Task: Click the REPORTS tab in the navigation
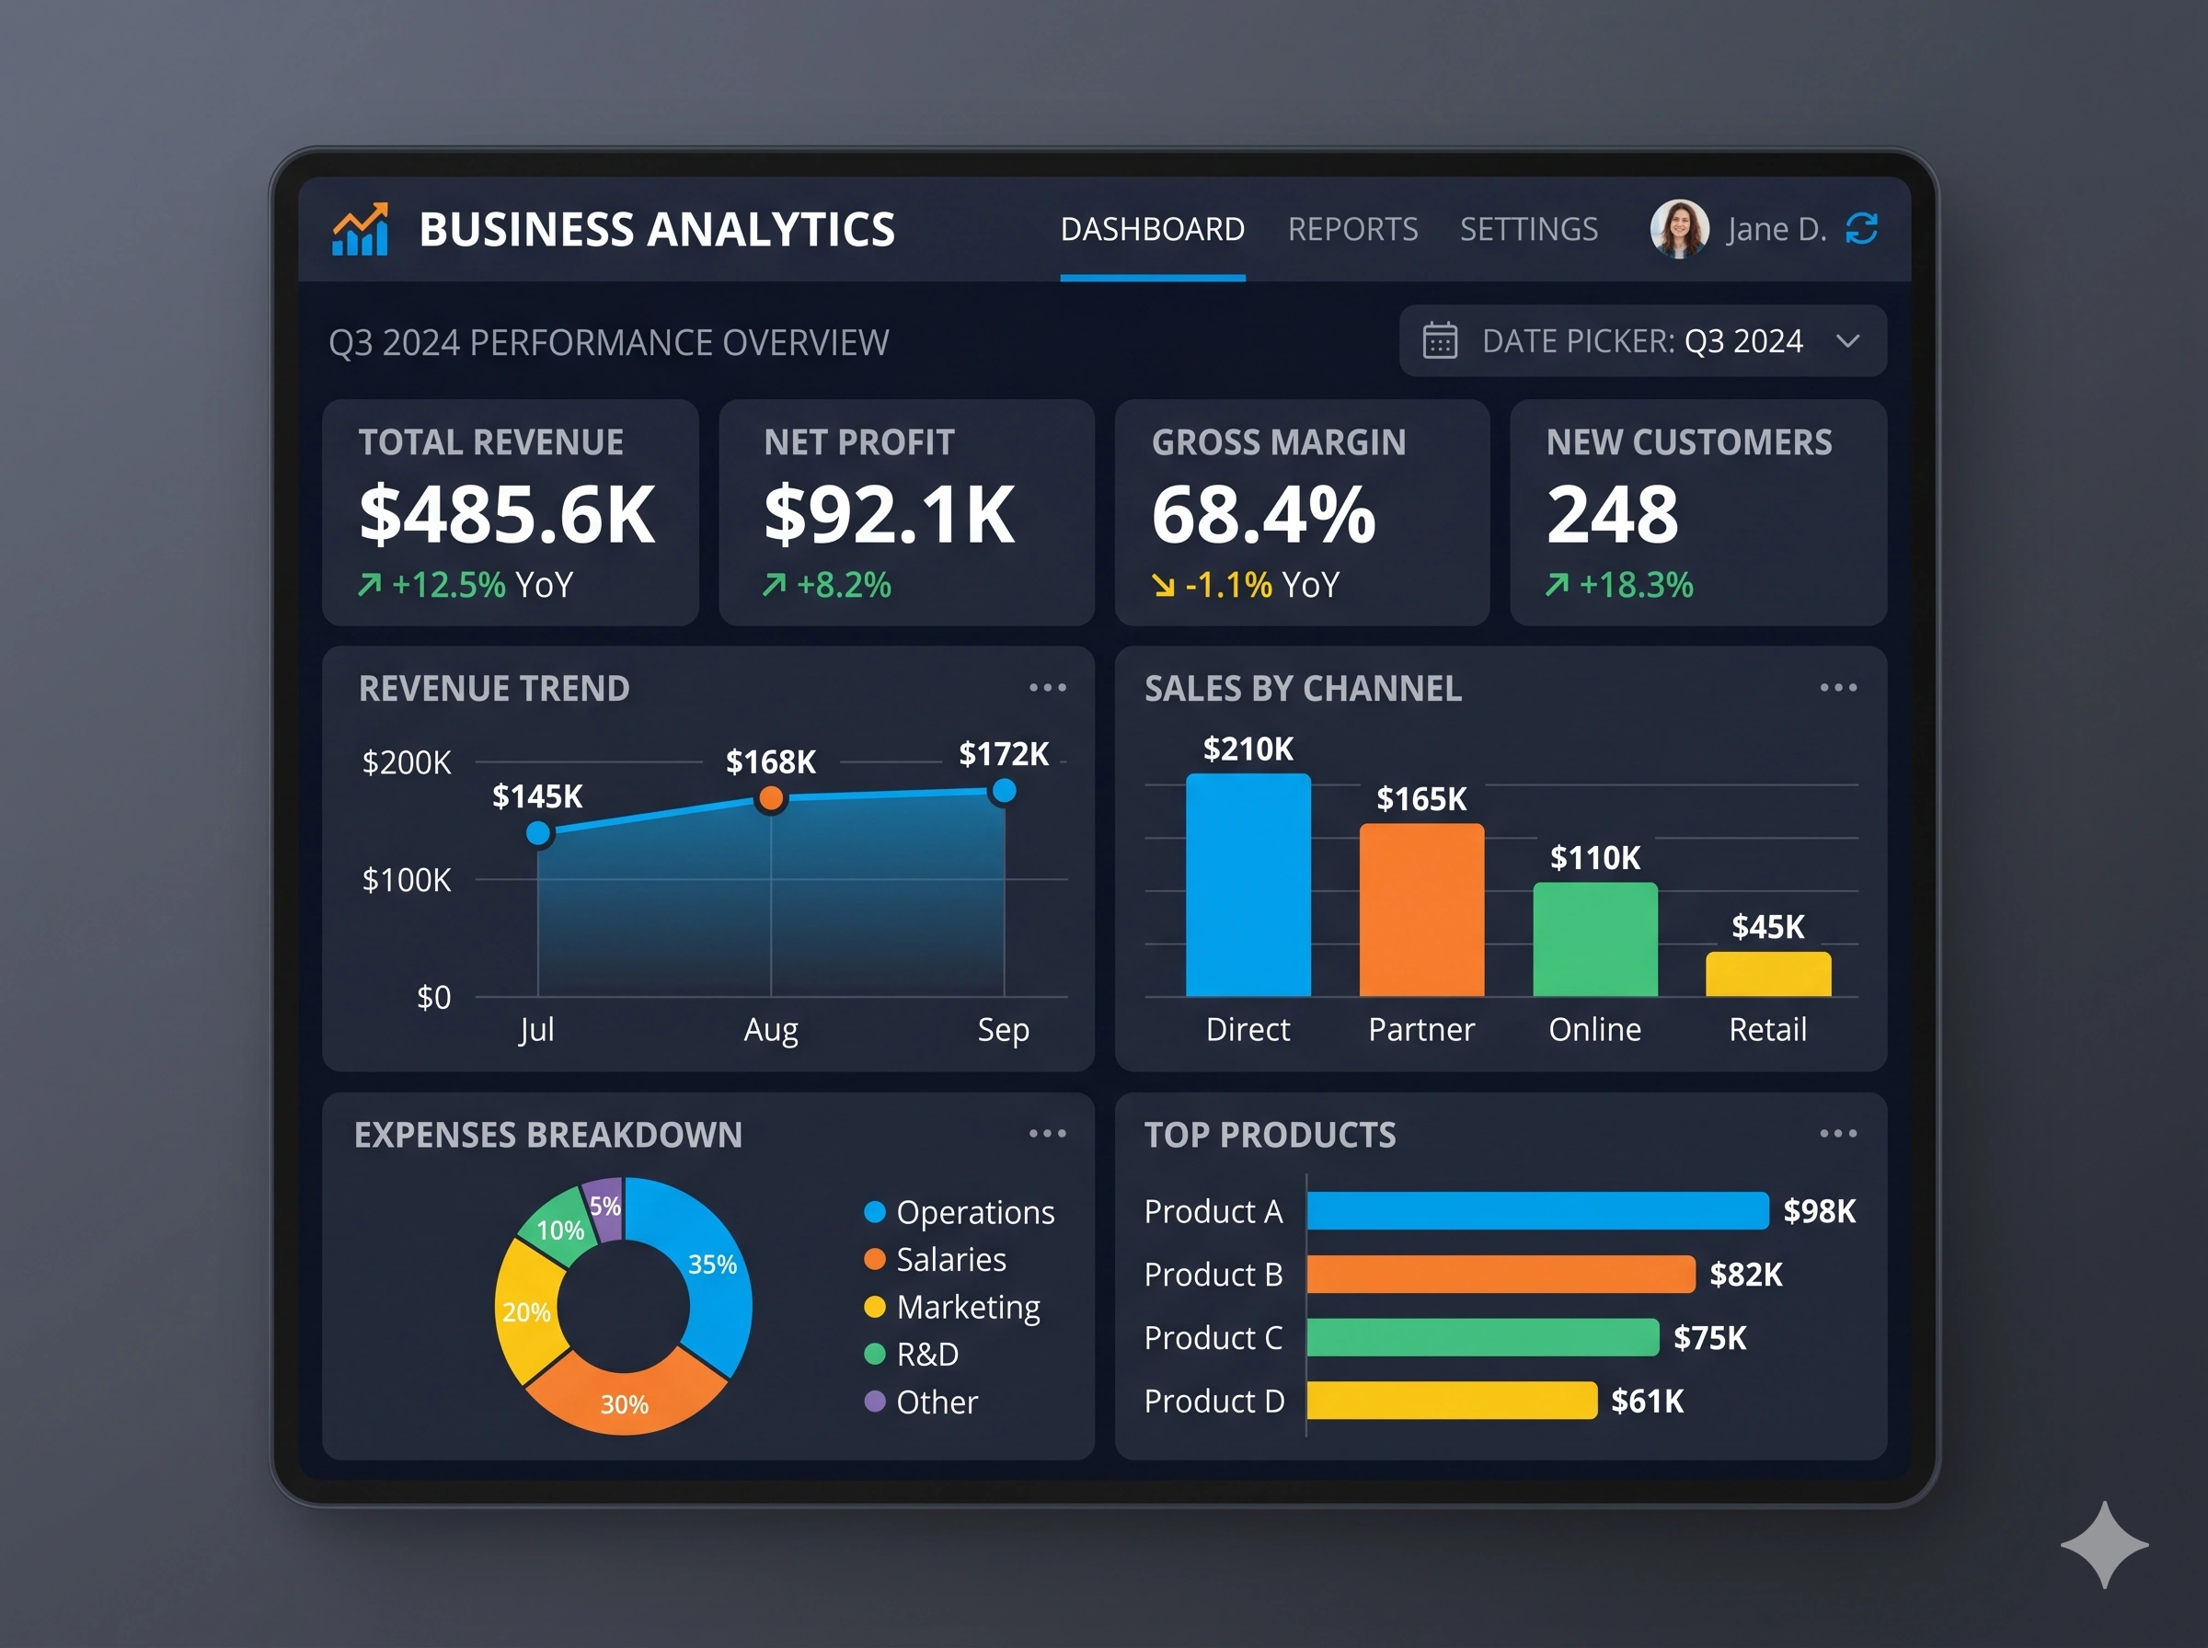pyautogui.click(x=1351, y=229)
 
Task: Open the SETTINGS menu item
pyautogui.click(x=1528, y=229)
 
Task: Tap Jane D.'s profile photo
pyautogui.click(x=1679, y=228)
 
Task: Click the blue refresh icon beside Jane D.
pyautogui.click(x=1862, y=228)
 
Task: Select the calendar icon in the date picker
pyautogui.click(x=1440, y=341)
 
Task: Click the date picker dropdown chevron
pyautogui.click(x=1847, y=341)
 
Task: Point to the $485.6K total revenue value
pyautogui.click(x=507, y=515)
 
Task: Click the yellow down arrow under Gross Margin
pyautogui.click(x=1164, y=586)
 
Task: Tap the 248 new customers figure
pyautogui.click(x=1613, y=515)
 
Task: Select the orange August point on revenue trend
pyautogui.click(x=770, y=798)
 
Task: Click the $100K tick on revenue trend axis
pyautogui.click(x=406, y=880)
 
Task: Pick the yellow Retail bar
pyautogui.click(x=1768, y=975)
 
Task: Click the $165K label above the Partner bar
pyautogui.click(x=1420, y=799)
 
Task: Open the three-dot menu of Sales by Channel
pyautogui.click(x=1838, y=687)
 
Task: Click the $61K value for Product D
pyautogui.click(x=1648, y=1402)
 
